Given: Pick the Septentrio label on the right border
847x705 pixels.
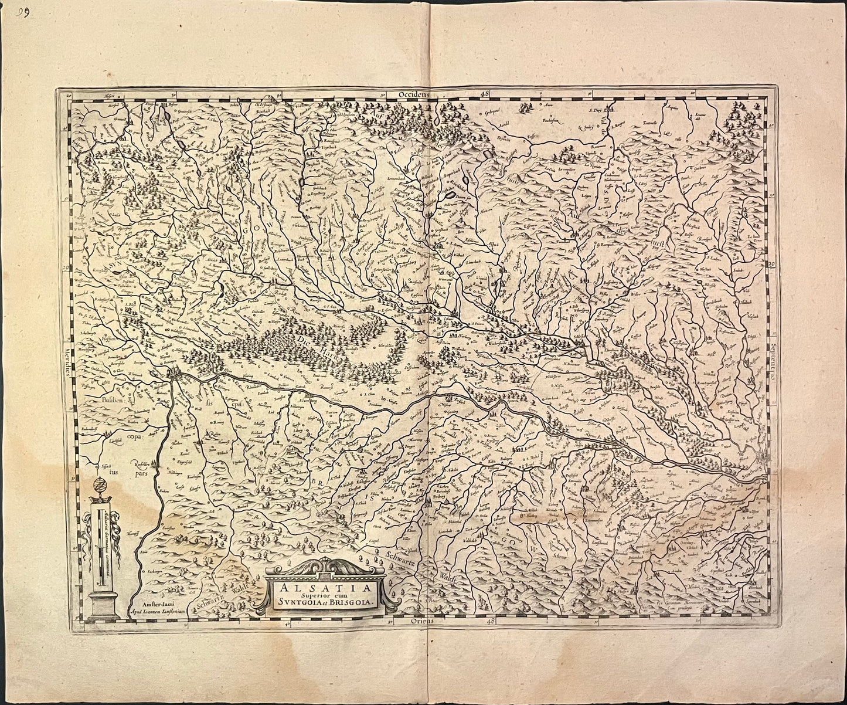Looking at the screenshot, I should [x=774, y=364].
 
